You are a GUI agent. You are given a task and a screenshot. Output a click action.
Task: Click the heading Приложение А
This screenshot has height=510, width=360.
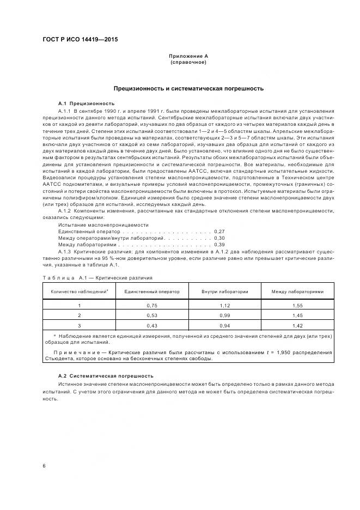[x=188, y=56]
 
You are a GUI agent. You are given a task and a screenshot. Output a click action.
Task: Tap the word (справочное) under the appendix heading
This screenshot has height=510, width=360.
[x=188, y=62]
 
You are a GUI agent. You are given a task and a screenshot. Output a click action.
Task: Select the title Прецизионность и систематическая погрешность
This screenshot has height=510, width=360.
[x=188, y=88]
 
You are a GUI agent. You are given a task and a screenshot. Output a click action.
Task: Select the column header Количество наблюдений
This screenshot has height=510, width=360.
[x=80, y=292]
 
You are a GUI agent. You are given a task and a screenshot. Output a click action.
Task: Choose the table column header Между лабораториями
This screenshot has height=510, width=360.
[x=297, y=292]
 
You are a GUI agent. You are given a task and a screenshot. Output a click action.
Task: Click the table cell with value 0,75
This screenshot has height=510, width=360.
[x=152, y=306]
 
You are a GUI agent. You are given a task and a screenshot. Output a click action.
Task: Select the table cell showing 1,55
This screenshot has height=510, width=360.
[x=297, y=306]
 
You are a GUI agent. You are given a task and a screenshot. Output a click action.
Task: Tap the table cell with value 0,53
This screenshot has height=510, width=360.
[x=152, y=315]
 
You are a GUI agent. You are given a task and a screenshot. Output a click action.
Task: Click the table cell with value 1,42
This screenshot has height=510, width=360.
[x=297, y=325]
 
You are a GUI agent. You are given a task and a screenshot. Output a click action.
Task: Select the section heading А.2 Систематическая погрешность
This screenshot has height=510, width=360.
[x=106, y=376]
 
